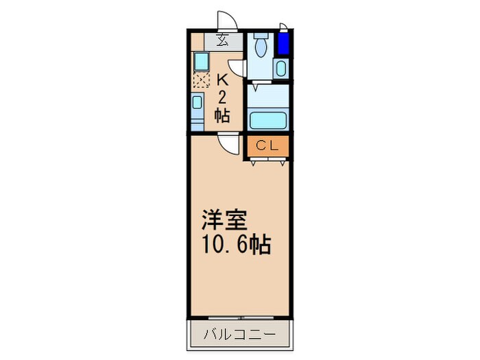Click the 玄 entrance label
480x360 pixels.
[223, 39]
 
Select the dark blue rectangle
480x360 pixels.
[282, 44]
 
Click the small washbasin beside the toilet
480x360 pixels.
[280, 69]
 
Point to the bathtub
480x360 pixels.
[267, 119]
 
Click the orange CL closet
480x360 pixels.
[267, 146]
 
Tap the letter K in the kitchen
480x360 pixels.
[222, 79]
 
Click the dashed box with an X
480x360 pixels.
[200, 81]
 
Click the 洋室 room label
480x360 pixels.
[219, 222]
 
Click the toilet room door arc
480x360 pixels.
[237, 67]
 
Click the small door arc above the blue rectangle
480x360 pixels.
[284, 27]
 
